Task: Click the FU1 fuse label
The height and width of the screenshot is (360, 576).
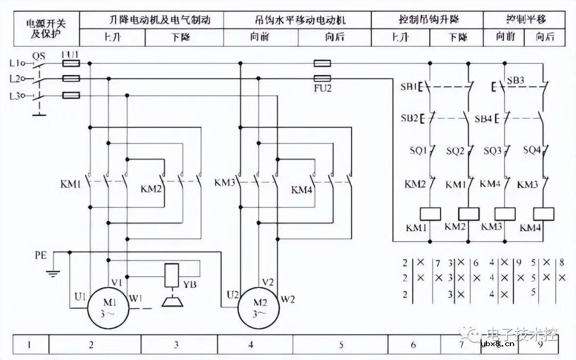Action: tap(71, 55)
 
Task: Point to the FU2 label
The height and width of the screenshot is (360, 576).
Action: tap(323, 89)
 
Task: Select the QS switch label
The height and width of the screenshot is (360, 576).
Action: tap(39, 55)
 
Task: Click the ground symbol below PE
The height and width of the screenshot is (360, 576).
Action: tap(52, 273)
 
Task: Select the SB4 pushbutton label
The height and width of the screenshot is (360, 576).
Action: tap(483, 118)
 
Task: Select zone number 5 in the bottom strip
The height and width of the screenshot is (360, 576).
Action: tap(341, 345)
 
